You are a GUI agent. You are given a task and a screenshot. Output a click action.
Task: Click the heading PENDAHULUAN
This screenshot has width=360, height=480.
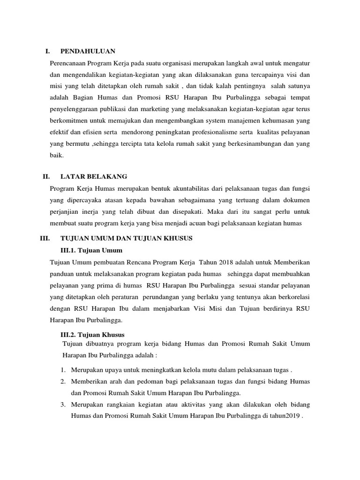click(88, 51)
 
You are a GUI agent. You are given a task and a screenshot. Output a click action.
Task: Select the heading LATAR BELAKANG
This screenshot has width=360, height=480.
click(94, 177)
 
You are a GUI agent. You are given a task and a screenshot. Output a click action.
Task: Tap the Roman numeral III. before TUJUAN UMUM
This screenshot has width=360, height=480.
click(45, 238)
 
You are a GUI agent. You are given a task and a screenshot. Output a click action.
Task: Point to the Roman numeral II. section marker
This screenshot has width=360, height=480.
click(46, 177)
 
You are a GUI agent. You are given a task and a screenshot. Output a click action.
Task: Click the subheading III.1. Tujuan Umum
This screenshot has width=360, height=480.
click(91, 250)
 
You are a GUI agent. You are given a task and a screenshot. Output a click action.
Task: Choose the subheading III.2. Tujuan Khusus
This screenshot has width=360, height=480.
click(94, 335)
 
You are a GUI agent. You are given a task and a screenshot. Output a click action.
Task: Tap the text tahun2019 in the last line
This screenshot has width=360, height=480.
click(285, 415)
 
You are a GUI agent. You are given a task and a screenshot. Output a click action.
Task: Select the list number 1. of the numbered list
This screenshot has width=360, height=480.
click(62, 369)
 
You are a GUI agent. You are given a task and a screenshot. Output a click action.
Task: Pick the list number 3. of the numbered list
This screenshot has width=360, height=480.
click(62, 404)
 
